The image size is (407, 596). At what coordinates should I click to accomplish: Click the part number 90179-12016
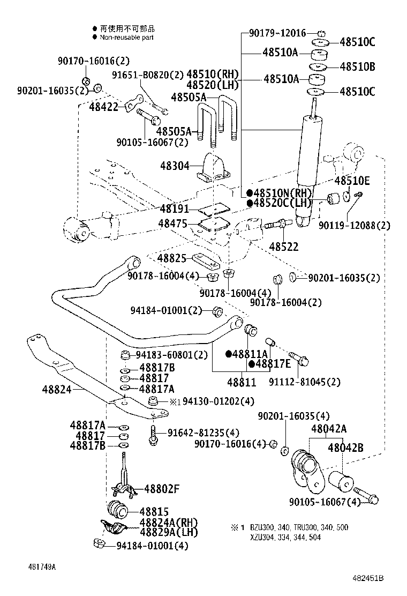pos(277,33)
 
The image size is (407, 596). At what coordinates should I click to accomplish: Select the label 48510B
pos(357,67)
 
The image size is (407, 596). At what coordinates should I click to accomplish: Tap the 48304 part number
pos(174,167)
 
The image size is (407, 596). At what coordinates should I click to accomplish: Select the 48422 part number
pos(103,107)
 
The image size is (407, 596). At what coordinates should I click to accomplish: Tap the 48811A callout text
pos(250,354)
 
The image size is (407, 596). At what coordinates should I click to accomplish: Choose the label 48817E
pos(273,364)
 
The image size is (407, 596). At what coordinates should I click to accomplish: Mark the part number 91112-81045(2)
pos(304,382)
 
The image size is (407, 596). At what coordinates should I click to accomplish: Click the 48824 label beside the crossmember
pos(56,390)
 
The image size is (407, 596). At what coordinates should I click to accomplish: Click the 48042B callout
pos(345,448)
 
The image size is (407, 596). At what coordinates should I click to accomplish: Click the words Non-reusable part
pos(126,37)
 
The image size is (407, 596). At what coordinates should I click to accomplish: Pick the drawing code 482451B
pos(368,578)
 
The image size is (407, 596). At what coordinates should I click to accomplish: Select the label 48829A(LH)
pos(161,532)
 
